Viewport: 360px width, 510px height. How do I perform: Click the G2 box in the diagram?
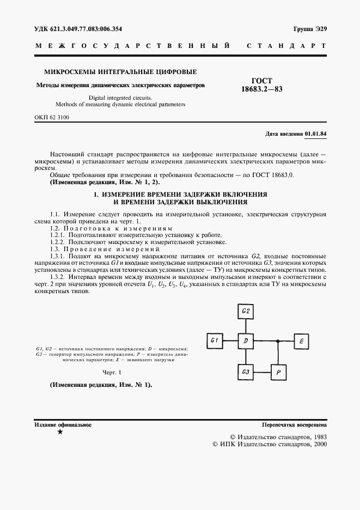(246, 312)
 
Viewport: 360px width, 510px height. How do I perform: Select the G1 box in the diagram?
(215, 341)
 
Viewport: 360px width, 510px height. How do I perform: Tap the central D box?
(246, 341)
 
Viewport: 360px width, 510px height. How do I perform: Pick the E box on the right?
(302, 341)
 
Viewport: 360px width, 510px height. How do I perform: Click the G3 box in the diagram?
(246, 372)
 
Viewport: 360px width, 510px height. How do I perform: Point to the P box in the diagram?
(278, 372)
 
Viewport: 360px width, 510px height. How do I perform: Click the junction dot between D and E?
(278, 341)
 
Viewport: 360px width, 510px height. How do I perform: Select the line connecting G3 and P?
(261, 372)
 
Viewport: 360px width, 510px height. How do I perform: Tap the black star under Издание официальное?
(60, 432)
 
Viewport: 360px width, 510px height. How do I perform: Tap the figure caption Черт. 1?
(113, 372)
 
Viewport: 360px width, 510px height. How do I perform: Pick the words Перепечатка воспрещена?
(294, 424)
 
